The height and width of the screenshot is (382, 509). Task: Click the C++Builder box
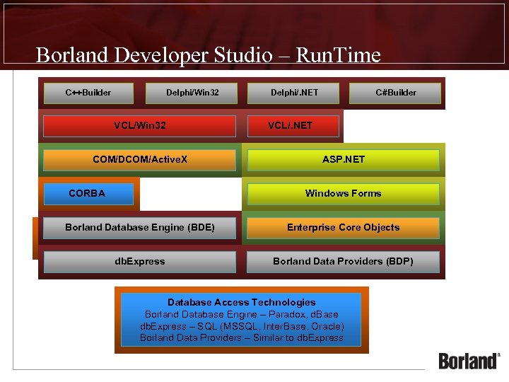coord(88,93)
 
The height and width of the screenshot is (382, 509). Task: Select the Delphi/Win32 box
coord(192,93)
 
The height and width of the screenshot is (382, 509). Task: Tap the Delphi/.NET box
coord(293,93)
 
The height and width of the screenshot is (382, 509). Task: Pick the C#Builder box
coord(396,93)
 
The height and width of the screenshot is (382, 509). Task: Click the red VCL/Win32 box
coord(139,126)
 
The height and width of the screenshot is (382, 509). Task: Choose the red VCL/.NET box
coord(292,126)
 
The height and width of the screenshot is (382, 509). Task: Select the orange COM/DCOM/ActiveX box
coord(139,160)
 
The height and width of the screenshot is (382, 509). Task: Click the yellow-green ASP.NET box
coord(344,160)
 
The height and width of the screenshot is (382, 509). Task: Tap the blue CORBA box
coord(88,194)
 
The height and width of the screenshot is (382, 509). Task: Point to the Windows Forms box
coord(344,194)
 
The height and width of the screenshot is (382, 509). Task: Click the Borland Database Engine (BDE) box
coord(139,228)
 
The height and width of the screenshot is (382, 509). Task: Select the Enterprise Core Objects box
coord(344,228)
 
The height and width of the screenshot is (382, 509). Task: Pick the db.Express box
coord(139,262)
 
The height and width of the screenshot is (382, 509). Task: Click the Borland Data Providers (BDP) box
coord(344,262)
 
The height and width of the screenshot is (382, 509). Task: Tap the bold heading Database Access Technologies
coord(242,302)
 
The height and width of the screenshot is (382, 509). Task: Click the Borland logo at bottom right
coord(469,360)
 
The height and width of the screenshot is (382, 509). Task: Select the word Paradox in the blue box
coord(281,314)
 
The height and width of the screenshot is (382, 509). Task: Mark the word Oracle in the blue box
coord(326,326)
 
